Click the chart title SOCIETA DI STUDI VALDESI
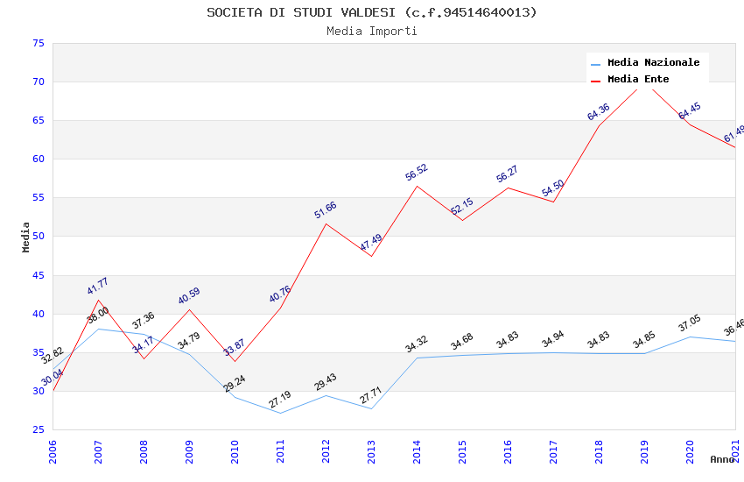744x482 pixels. tap(372, 12)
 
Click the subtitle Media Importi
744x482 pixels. tap(372, 32)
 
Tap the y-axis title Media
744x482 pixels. tap(26, 237)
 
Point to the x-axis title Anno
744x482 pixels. tap(722, 459)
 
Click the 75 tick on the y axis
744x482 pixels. tap(37, 44)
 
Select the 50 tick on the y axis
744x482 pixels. tap(37, 237)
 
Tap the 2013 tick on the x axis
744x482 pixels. tap(371, 451)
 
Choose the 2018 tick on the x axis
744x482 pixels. tap(599, 451)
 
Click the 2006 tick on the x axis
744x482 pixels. tap(53, 451)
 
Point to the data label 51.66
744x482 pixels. tap(326, 210)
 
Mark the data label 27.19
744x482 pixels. tap(280, 400)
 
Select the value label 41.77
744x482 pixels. tap(98, 286)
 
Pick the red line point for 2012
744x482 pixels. tap(326, 223)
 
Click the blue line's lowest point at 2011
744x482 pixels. tap(280, 413)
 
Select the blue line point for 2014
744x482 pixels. tap(417, 358)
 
